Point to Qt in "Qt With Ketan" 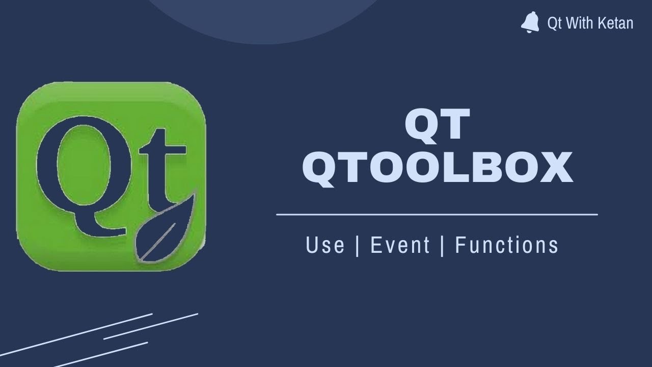(554, 23)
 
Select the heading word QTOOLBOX (438, 169)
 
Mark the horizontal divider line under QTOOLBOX (437, 215)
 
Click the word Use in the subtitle (325, 245)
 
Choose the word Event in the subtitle (400, 245)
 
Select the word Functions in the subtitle (507, 245)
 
